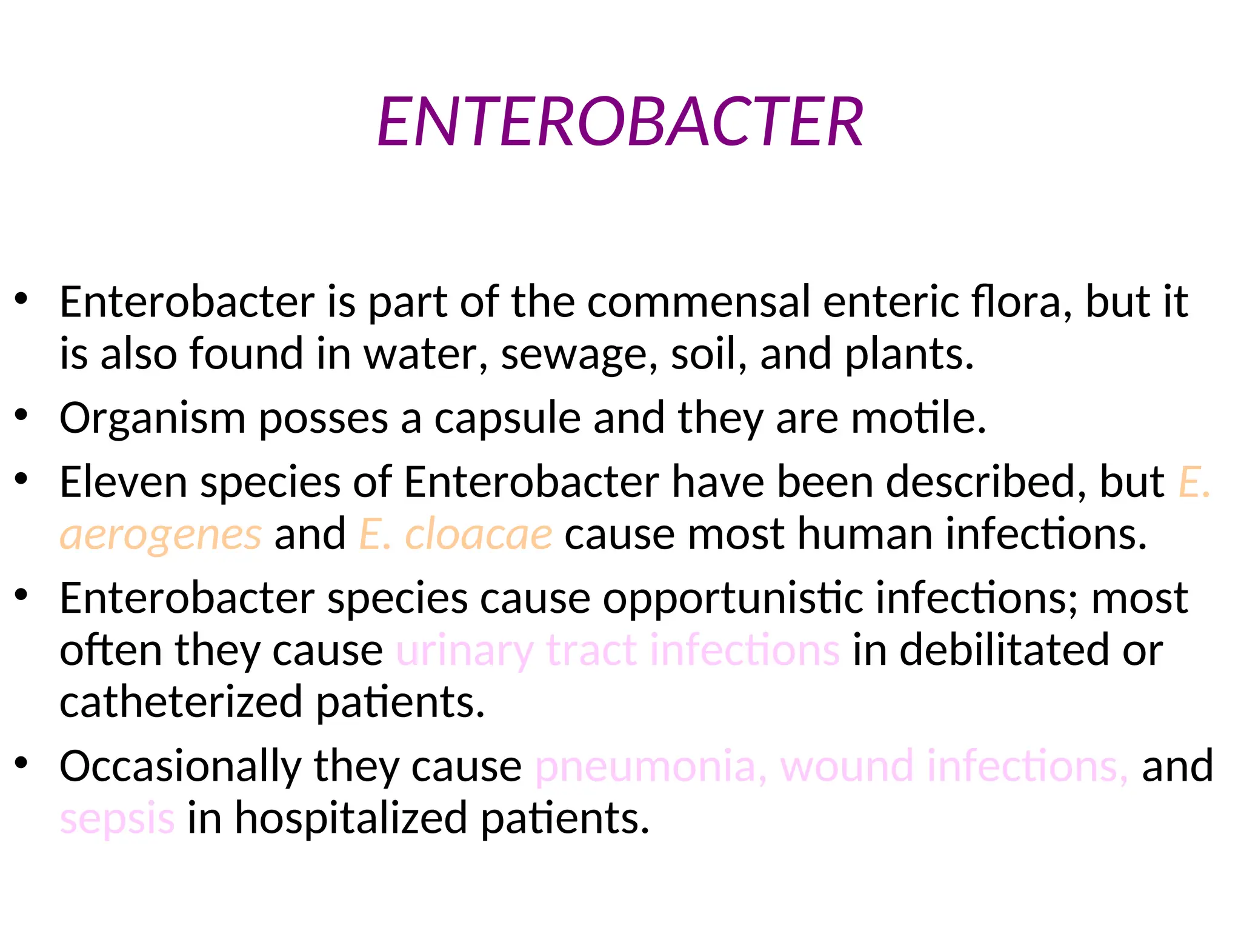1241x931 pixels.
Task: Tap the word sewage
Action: point(579,355)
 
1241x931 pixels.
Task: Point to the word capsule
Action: point(507,418)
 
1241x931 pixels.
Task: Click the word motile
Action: point(918,418)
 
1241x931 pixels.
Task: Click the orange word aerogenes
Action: point(161,535)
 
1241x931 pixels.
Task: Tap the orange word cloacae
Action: point(478,534)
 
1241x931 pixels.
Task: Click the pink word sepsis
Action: point(117,819)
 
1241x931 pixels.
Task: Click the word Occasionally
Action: point(180,767)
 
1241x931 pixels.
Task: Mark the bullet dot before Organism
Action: point(22,415)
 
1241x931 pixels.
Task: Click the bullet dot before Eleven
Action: point(22,479)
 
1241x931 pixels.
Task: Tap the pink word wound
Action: point(847,766)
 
